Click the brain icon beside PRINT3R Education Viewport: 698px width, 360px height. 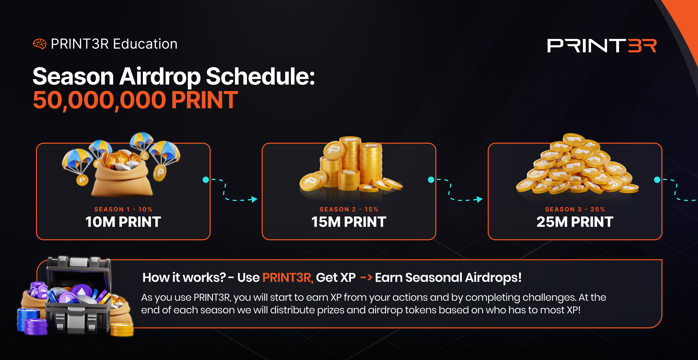(x=40, y=44)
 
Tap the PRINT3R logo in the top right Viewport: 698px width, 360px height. (x=602, y=45)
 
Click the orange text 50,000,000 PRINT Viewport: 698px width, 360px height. (x=135, y=100)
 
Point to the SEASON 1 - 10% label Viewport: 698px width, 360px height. (x=123, y=209)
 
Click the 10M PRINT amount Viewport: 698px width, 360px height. (x=123, y=222)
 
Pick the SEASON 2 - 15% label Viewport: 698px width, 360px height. (x=349, y=209)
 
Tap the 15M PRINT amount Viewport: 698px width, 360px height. (x=349, y=222)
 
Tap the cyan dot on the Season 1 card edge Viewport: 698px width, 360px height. (x=206, y=180)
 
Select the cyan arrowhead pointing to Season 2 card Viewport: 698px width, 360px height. (x=254, y=199)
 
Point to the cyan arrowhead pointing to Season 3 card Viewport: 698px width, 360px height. (x=479, y=199)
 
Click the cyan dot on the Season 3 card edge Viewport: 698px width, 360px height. (x=657, y=180)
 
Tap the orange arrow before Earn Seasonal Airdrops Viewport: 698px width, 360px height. (x=366, y=277)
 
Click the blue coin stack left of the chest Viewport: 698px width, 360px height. (x=28, y=320)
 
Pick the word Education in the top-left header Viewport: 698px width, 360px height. (x=145, y=44)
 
